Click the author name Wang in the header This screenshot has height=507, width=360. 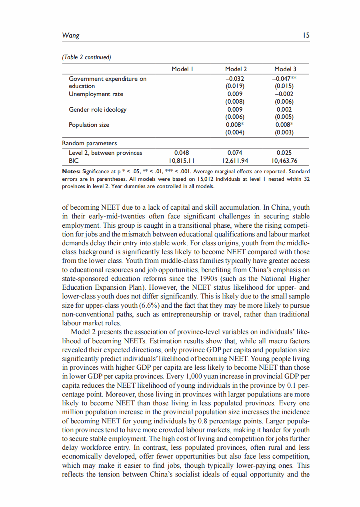point(71,35)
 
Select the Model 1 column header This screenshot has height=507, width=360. point(182,69)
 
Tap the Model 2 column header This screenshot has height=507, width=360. point(236,69)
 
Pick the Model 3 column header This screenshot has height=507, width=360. point(285,69)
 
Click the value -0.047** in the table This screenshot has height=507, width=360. point(285,79)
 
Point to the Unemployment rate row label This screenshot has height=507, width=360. point(96,94)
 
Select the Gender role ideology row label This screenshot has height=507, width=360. point(98,109)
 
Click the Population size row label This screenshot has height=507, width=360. point(89,125)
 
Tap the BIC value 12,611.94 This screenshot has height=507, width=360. point(236,161)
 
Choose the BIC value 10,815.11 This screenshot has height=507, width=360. point(182,161)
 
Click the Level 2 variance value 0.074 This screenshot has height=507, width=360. point(236,153)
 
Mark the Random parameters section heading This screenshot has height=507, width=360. point(90,143)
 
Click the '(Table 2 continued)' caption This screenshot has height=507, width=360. point(86,57)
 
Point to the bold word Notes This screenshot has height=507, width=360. point(71,172)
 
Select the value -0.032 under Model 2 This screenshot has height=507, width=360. point(236,79)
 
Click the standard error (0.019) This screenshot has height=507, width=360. point(236,86)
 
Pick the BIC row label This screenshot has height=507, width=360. point(74,161)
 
